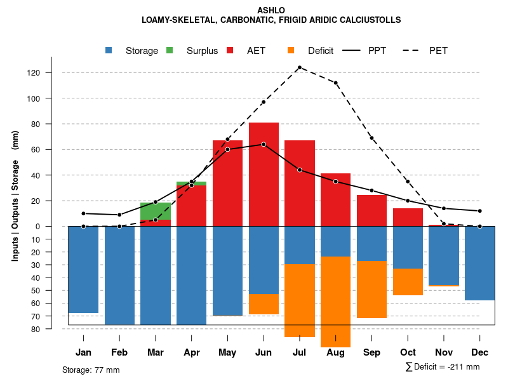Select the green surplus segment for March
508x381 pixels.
click(x=156, y=211)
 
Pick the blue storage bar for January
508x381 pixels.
click(x=83, y=269)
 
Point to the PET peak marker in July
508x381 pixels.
click(x=299, y=67)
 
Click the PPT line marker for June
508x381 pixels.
click(x=264, y=144)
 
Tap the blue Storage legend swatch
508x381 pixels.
click(x=109, y=50)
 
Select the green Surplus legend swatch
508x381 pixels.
click(x=170, y=50)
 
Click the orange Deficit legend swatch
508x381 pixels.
click(x=291, y=50)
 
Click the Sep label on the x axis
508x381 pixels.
click(x=372, y=352)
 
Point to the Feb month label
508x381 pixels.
click(x=119, y=352)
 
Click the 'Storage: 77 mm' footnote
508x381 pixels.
click(x=91, y=370)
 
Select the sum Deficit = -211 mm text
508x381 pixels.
click(x=443, y=366)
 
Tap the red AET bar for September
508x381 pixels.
click(x=372, y=210)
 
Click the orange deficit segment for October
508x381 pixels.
click(x=408, y=282)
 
